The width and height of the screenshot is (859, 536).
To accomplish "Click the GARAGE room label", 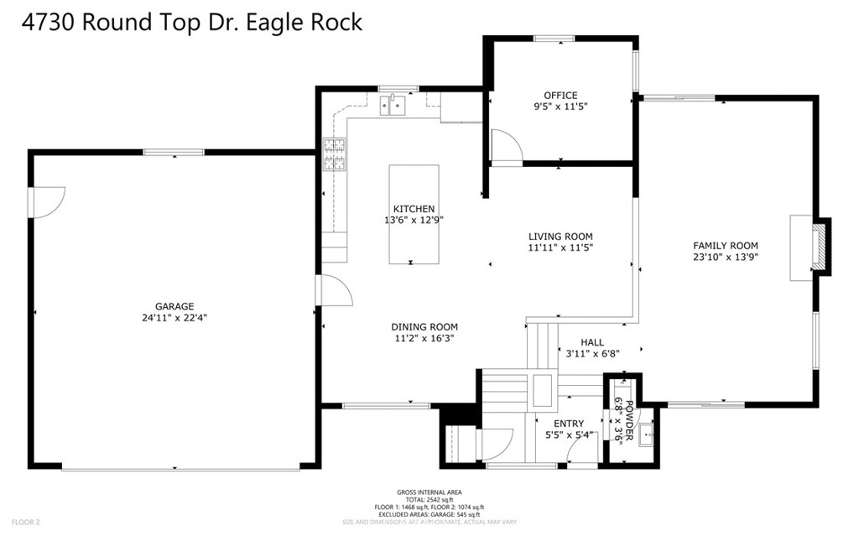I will tap(174, 306).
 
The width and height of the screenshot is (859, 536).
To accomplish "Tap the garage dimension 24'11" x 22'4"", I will tap(174, 318).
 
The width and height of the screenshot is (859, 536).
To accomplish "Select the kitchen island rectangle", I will tap(414, 214).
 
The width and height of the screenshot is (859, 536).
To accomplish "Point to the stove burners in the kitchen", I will tap(335, 154).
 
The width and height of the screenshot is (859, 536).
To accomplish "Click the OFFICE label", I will tap(560, 96).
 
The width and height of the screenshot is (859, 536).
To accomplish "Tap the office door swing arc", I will tap(506, 147).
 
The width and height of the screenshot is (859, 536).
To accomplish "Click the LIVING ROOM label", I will tap(560, 237).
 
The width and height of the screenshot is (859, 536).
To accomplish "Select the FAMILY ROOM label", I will tap(725, 246).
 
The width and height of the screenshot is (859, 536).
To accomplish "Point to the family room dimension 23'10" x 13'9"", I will tap(725, 258).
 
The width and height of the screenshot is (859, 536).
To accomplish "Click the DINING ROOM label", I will tap(424, 327).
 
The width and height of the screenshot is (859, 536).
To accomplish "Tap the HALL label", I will tap(592, 342).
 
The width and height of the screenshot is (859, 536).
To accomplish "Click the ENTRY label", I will tap(568, 424).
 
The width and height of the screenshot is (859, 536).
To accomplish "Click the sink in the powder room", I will tap(647, 435).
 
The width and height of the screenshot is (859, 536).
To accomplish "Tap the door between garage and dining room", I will tap(333, 291).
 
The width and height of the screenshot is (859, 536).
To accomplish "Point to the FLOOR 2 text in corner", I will tap(25, 522).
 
